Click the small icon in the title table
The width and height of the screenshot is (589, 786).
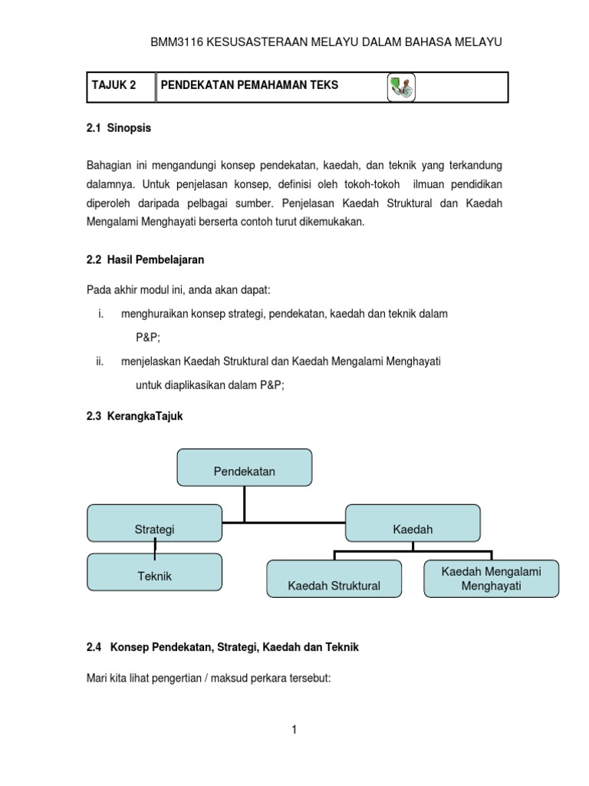[x=400, y=87]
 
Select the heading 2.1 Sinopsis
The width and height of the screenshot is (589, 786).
[x=119, y=128]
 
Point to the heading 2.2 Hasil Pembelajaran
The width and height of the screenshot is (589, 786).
[x=146, y=259]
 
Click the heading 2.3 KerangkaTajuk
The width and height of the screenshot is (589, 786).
[x=135, y=416]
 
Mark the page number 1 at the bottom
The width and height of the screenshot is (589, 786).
[x=294, y=730]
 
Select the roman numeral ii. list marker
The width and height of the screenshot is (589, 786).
[x=100, y=361]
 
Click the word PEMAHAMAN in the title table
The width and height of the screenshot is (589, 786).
[x=262, y=86]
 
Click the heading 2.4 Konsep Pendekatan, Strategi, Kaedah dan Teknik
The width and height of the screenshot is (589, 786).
[x=223, y=647]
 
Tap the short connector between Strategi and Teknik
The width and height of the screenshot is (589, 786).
[x=156, y=547]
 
